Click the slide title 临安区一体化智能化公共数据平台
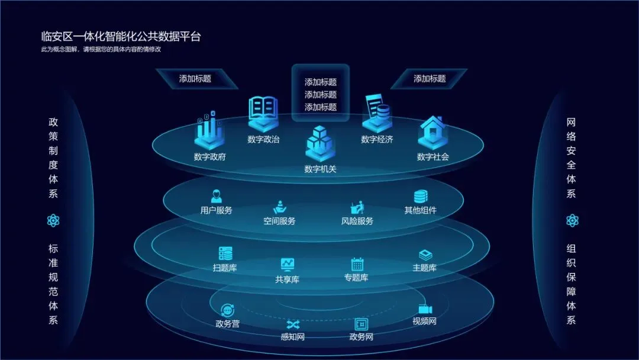pyautogui.click(x=121, y=37)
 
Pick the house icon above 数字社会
pyautogui.click(x=433, y=131)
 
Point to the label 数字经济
pyautogui.click(x=377, y=140)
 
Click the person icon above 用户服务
pyautogui.click(x=216, y=196)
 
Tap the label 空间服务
pyautogui.click(x=279, y=221)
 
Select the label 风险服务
pyautogui.click(x=357, y=221)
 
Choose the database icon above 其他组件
pyautogui.click(x=421, y=196)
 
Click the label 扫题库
pyautogui.click(x=225, y=268)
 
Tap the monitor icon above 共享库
pyautogui.click(x=288, y=264)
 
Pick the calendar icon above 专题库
pyautogui.click(x=357, y=263)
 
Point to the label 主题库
pyautogui.click(x=424, y=268)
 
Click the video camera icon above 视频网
pyautogui.click(x=425, y=309)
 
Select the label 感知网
pyautogui.click(x=292, y=337)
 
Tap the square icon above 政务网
pyautogui.click(x=361, y=324)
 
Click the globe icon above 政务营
pyautogui.click(x=227, y=310)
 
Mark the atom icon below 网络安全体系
pyautogui.click(x=571, y=221)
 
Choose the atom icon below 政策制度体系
pyautogui.click(x=53, y=221)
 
